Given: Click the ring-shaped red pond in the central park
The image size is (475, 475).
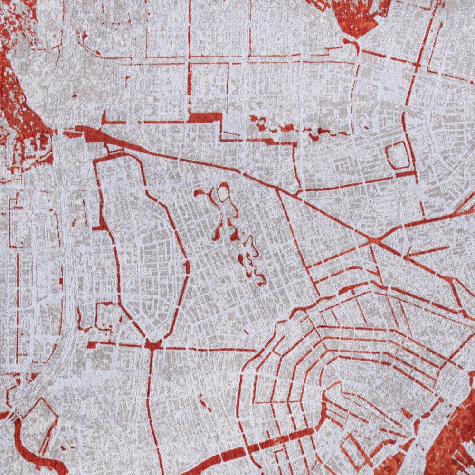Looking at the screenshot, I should pyautogui.click(x=222, y=192).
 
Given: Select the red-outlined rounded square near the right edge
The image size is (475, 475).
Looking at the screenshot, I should pyautogui.click(x=398, y=156).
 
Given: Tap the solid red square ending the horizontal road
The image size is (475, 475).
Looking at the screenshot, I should pyautogui.click(x=92, y=344).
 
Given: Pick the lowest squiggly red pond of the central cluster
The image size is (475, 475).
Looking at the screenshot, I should pyautogui.click(x=256, y=275).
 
